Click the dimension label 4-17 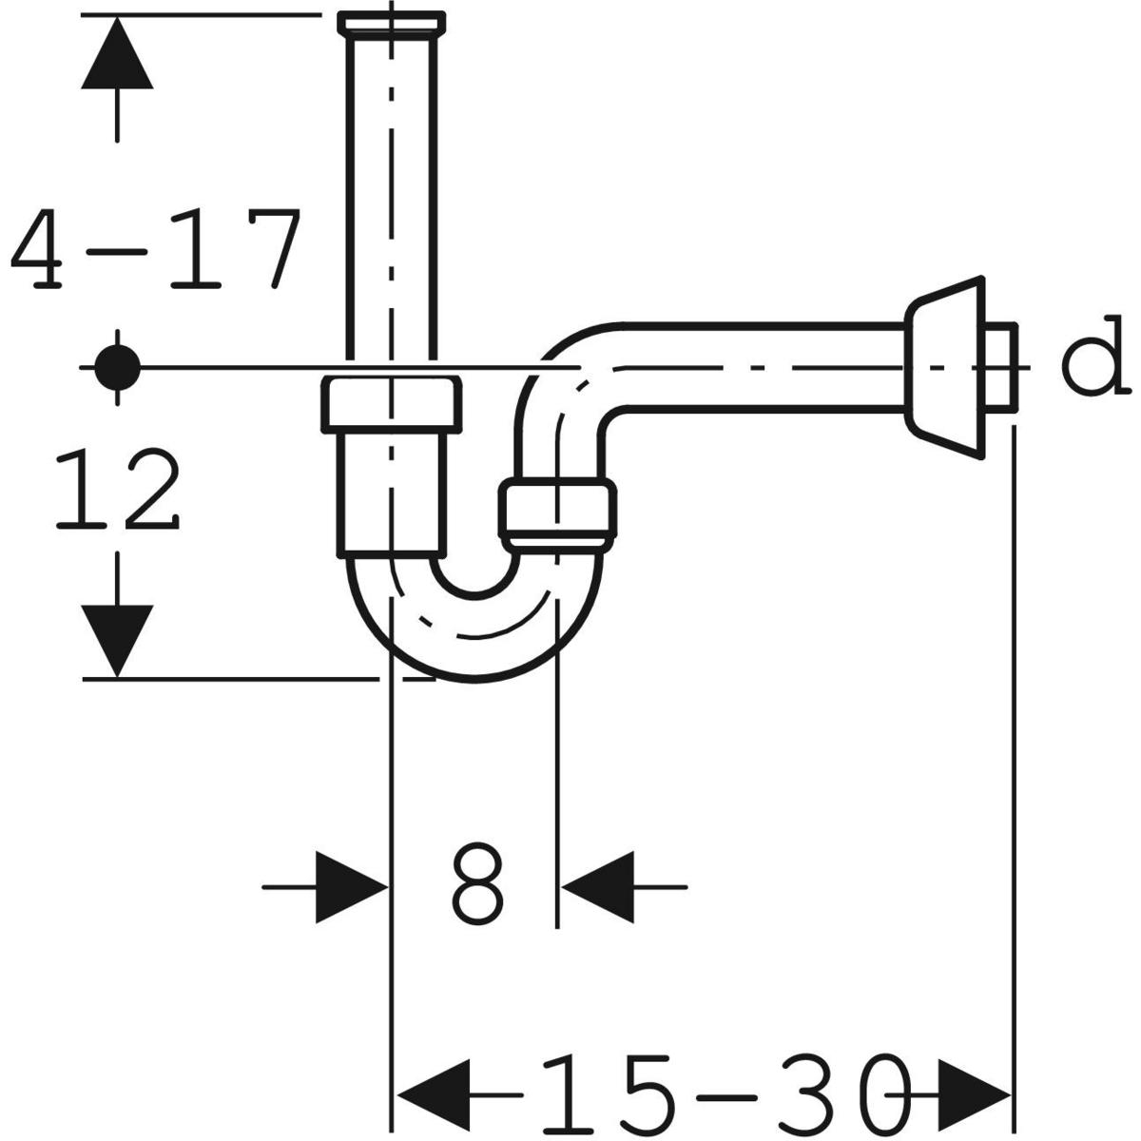(x=156, y=249)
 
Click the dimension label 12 (x=117, y=488)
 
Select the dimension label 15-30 (x=724, y=1093)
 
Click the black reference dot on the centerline (x=118, y=368)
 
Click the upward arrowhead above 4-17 (x=117, y=53)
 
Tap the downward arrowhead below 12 (x=117, y=641)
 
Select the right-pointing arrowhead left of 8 (x=352, y=887)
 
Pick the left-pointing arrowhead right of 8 (x=597, y=887)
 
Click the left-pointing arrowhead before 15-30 (x=434, y=1094)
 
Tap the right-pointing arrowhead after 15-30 (x=974, y=1094)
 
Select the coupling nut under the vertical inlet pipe (x=392, y=404)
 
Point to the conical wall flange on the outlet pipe (x=945, y=367)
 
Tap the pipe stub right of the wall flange (x=1002, y=367)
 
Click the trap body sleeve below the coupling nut (x=392, y=495)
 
